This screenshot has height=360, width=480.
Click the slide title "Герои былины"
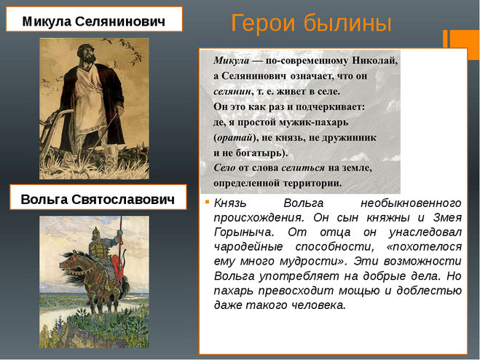[x=311, y=23]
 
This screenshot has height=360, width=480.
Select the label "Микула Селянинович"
[x=94, y=21]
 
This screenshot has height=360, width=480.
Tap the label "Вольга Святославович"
[x=98, y=200]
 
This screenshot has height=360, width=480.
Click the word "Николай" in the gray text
[x=374, y=60]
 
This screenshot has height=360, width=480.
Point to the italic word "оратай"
[x=235, y=138]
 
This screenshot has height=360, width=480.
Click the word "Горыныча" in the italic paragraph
[x=243, y=232]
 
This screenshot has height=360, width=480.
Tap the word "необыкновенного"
[x=411, y=203]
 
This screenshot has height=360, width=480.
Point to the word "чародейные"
[x=248, y=246]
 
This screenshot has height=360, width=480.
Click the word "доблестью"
[x=429, y=291]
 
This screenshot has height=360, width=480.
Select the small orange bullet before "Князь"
[x=208, y=202]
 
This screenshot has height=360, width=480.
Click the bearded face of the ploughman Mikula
[x=85, y=54]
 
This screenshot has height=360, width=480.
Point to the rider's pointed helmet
[x=95, y=230]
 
